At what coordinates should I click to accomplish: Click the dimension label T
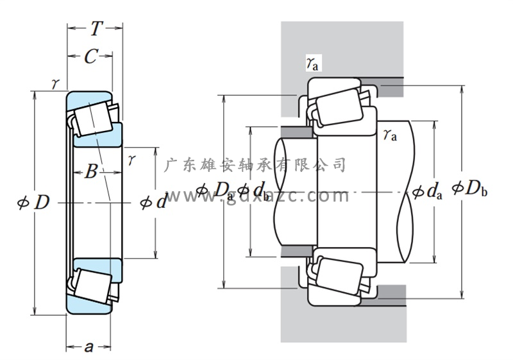click(x=96, y=28)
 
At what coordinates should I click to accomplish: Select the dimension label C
click(x=90, y=56)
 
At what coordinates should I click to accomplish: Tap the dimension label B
click(x=91, y=172)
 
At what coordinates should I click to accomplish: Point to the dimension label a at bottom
click(x=89, y=347)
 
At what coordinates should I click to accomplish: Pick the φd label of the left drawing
click(x=153, y=203)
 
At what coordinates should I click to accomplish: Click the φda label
click(x=427, y=191)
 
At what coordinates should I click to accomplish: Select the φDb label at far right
click(x=469, y=189)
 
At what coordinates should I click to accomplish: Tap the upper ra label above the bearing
click(x=313, y=62)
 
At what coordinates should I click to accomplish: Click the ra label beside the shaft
click(x=389, y=135)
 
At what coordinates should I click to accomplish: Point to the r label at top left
click(x=56, y=83)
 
